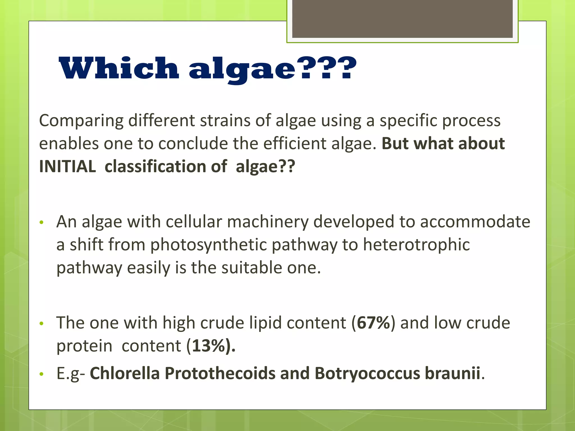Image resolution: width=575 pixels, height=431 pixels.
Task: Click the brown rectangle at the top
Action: (x=402, y=19)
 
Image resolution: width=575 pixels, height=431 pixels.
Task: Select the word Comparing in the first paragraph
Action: (x=81, y=121)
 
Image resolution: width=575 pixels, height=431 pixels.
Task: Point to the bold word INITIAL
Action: (x=68, y=166)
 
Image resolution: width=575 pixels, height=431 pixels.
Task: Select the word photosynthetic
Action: (x=208, y=245)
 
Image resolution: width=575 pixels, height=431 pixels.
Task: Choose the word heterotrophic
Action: (x=416, y=244)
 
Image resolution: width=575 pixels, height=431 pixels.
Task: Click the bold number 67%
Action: (x=373, y=323)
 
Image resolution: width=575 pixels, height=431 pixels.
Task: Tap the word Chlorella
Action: (x=125, y=373)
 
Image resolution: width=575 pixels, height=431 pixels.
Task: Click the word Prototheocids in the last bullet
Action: (x=220, y=373)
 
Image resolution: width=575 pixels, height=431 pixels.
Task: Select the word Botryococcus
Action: (x=367, y=373)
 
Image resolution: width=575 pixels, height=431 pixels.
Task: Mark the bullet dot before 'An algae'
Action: (x=42, y=223)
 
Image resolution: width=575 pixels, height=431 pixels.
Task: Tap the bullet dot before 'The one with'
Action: (x=42, y=324)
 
